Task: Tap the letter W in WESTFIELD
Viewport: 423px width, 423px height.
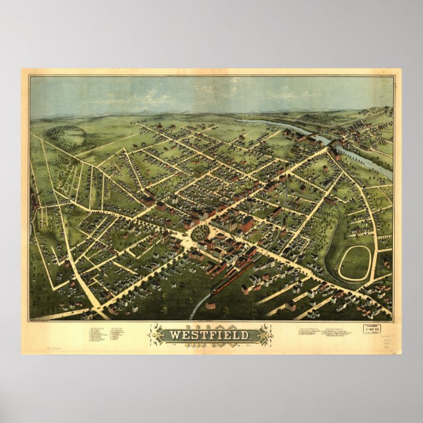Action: (174, 336)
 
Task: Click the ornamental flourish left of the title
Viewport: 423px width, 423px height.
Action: (157, 335)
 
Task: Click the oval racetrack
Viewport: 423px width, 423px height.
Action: (355, 263)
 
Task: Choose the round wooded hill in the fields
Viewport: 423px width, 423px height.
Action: (72, 137)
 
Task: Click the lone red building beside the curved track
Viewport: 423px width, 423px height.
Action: (210, 305)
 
